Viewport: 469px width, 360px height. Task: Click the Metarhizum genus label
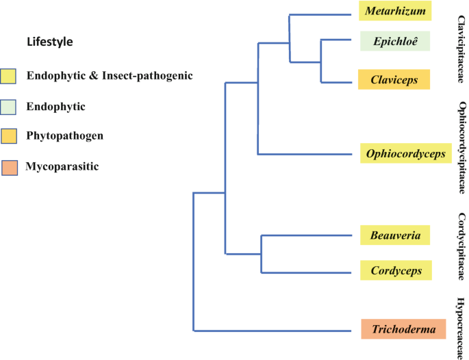point(395,12)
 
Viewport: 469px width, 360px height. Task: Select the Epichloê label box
point(395,41)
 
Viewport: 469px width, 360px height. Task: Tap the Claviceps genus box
point(395,79)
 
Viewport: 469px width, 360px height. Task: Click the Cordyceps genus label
point(396,270)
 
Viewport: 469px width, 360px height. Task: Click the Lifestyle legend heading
point(49,42)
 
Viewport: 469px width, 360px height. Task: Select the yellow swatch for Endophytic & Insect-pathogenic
point(10,75)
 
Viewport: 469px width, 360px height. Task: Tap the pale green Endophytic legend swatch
point(10,106)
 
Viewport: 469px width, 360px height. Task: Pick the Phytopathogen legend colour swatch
point(10,136)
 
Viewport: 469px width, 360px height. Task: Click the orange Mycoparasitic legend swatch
point(10,166)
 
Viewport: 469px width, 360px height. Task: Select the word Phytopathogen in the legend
point(65,136)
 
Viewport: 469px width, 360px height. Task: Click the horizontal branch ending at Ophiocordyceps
point(308,154)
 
